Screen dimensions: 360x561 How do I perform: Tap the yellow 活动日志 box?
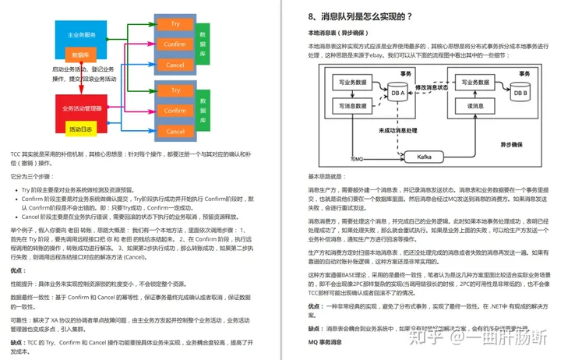(80, 129)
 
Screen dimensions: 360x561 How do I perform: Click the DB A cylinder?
(397, 94)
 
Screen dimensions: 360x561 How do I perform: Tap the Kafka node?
(424, 157)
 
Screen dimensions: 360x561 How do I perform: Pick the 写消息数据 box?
(351, 104)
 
